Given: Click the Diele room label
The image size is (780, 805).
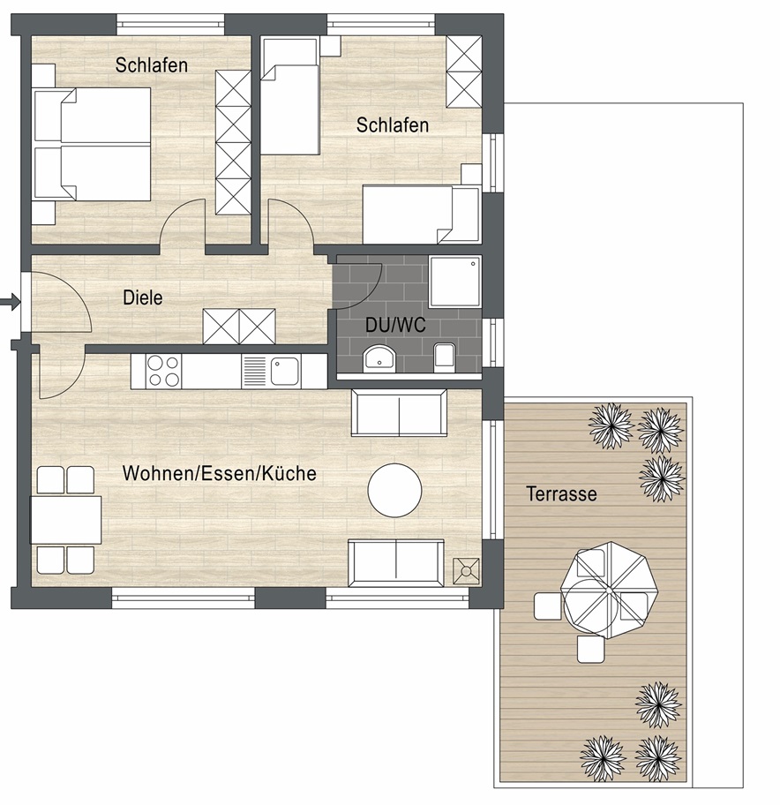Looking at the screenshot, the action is [x=143, y=297].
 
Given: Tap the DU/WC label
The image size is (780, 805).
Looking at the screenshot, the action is [x=395, y=325].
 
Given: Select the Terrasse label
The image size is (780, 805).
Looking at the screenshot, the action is [x=561, y=494].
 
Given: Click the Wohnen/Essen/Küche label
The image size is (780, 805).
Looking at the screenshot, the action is [x=219, y=473].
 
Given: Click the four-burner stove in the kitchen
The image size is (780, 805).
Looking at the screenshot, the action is [x=164, y=372].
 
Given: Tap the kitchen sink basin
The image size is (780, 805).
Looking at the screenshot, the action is [x=285, y=372].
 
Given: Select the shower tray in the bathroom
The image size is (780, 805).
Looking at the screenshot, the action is [x=454, y=282].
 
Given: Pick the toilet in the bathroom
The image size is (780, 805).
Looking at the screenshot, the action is [x=444, y=357].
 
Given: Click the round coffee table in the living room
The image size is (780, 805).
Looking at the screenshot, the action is [x=395, y=490].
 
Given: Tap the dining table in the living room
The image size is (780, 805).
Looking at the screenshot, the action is [x=65, y=520].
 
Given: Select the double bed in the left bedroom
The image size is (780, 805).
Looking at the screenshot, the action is [x=93, y=144].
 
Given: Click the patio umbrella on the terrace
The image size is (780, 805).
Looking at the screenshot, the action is [x=609, y=591].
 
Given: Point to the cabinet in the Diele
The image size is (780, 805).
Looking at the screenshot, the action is [x=239, y=326].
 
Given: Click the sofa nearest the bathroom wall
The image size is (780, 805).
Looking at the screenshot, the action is [x=399, y=413].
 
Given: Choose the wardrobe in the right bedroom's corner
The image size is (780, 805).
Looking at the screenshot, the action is [x=464, y=71].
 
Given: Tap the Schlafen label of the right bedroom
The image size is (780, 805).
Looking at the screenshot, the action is [x=393, y=125].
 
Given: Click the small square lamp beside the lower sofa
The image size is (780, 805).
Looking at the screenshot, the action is [x=466, y=571].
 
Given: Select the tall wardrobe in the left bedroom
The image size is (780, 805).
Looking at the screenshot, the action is [x=233, y=142].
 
